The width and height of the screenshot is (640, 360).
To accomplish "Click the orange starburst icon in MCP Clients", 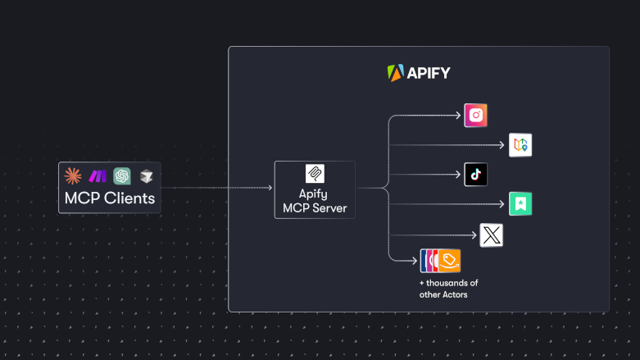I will coord(73,175).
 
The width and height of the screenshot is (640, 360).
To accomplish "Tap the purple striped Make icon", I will coord(98,175).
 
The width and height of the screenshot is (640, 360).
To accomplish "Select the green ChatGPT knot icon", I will coord(122,175).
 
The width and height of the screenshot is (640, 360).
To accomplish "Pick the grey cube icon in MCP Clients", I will coord(145,175).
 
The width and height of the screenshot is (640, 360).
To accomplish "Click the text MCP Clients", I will coord(109,198).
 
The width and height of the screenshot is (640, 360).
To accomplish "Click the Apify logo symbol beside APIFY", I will coord(396,73).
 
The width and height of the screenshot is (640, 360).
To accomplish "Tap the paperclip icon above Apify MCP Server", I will coord(315,174).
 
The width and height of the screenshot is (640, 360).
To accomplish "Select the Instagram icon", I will coord(475,116).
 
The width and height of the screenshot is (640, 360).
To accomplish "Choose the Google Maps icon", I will coord(520,145).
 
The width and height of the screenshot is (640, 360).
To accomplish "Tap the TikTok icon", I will coord(475,175).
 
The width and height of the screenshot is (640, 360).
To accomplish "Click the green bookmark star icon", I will coord(520,204).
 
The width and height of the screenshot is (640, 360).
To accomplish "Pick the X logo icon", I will coord(491,235).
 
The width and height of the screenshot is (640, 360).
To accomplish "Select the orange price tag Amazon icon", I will coord(448,260).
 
